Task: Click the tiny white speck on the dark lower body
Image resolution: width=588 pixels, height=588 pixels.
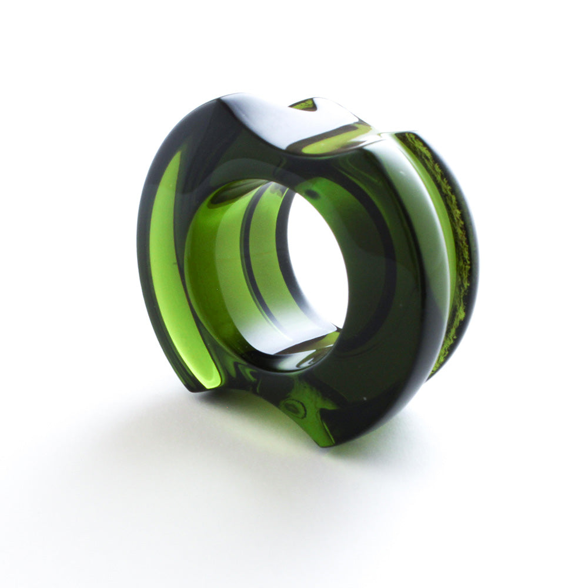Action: pos(364,399)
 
